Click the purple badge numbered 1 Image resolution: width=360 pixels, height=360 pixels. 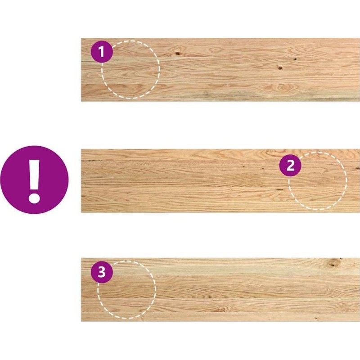pos(102,52)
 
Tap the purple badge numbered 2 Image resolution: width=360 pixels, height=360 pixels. pos(290,165)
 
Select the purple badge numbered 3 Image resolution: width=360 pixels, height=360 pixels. pos(102,272)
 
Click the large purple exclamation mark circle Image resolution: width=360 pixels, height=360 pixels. pos(35,180)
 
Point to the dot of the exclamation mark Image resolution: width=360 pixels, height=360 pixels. pos(34,198)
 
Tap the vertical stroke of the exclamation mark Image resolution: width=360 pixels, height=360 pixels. pos(34,174)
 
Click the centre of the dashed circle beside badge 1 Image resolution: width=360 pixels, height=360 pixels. pos(130,70)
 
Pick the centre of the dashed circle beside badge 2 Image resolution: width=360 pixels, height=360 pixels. pos(317,181)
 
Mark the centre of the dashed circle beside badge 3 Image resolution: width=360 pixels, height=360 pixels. pos(127,290)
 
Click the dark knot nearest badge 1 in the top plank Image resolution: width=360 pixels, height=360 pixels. pos(177,54)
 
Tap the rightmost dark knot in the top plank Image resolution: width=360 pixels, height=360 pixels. pos(295,59)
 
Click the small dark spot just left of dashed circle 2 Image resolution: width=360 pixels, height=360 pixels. pos(279,189)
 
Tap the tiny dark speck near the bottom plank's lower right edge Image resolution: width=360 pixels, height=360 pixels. pos(316,319)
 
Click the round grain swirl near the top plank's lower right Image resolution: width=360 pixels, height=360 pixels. pos(283,87)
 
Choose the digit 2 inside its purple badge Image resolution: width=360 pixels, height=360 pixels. pos(290,165)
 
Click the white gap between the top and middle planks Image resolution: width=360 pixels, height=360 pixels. pos(220,125)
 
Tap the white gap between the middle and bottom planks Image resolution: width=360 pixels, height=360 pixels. pos(220,235)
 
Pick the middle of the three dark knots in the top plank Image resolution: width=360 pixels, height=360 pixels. pos(280,68)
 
